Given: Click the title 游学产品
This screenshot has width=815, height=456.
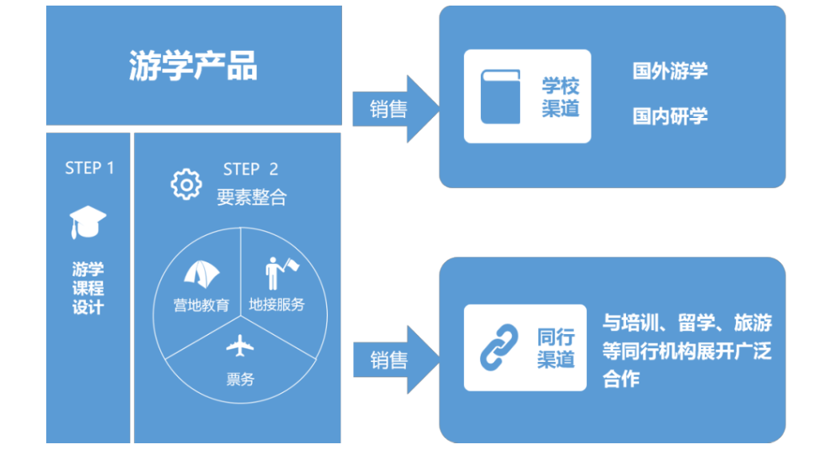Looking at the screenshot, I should coord(193,66).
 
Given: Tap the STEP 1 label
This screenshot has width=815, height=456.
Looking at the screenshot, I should coord(89,168).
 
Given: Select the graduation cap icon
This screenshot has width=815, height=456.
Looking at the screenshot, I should coord(88,222).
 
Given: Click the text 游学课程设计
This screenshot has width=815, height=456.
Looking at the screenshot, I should coord(89,288).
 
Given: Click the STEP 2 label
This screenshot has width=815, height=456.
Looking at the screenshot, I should coord(250,169).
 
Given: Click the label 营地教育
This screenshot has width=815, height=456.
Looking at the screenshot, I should coord(202,305).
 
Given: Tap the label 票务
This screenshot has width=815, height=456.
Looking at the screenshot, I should coord(240,379).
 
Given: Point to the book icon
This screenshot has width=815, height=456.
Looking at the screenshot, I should coord(500,97).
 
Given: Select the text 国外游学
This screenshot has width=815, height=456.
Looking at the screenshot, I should coord(670,71).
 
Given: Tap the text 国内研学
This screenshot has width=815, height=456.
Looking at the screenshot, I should coord(670,116).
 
